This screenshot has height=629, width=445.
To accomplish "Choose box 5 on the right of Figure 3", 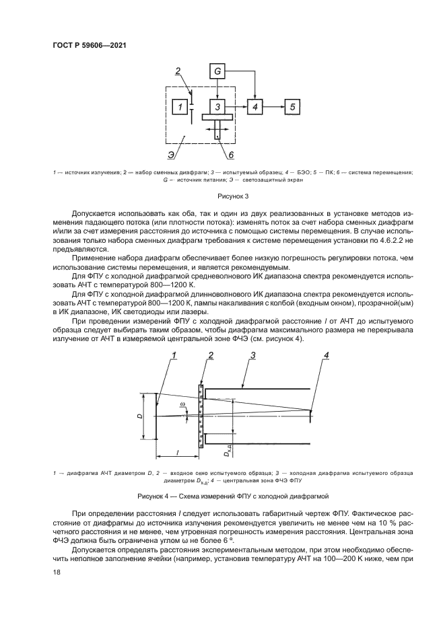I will [x=292, y=107].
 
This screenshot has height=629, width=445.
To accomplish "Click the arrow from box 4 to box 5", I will [x=273, y=107].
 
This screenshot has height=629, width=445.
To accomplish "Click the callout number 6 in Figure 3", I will [x=230, y=156].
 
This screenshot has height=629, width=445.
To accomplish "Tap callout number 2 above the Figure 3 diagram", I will [x=178, y=71].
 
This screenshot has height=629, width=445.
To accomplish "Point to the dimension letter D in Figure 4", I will [x=139, y=416].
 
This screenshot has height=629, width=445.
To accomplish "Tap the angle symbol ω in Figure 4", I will [x=181, y=405].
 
